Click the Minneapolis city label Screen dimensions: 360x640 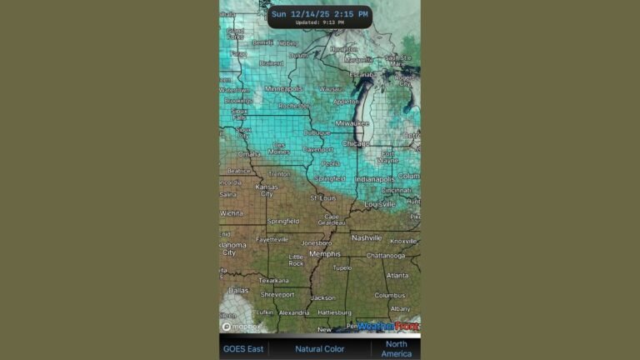pos(284,88)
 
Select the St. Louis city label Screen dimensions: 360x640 pos(323,198)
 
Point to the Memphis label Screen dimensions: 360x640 pos(324,253)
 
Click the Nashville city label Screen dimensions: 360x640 pos(366,237)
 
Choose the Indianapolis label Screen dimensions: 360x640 pos(375,179)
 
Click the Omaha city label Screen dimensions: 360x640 pos(249,154)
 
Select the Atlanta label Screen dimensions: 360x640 pos(397,275)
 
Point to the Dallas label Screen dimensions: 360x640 pos(238,290)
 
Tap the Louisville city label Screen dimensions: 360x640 pos(379,204)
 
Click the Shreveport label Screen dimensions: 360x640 pos(277,294)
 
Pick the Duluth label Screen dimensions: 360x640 pos(297,55)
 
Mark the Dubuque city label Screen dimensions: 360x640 pos(317,132)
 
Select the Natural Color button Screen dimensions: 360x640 pos(320,348)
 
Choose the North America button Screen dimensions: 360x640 pos(396,348)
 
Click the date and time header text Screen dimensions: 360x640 pos(319,13)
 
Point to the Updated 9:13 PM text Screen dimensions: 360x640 pos(319,22)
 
